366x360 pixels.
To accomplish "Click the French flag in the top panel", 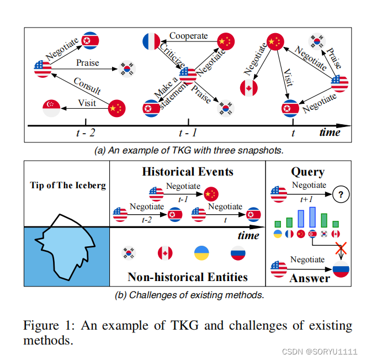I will (151, 41).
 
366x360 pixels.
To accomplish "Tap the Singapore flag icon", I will (51, 108).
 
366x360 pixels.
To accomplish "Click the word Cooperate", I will (188, 36).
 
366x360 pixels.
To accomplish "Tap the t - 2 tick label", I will (85, 133).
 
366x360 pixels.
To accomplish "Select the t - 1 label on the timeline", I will (188, 133).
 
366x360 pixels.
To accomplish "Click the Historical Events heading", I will (188, 172).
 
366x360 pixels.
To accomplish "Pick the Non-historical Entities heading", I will (187, 276).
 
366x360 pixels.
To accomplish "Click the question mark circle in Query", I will (342, 194).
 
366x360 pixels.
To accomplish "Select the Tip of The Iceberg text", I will (67, 186).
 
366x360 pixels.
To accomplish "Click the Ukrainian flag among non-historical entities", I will (201, 253).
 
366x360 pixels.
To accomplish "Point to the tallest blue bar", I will (312, 216).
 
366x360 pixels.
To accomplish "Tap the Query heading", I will (307, 172).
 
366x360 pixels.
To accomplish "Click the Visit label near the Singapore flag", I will (87, 103).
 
